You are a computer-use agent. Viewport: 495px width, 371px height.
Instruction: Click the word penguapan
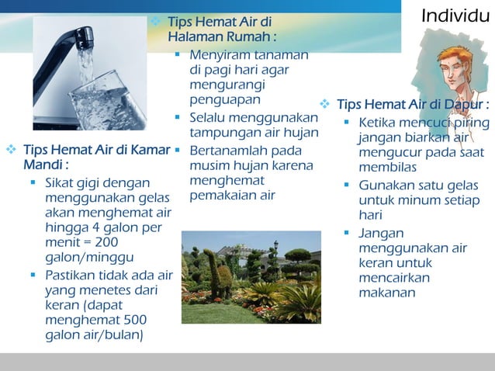[225, 99]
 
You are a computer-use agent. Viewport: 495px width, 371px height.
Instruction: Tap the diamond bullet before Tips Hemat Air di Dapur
[326, 105]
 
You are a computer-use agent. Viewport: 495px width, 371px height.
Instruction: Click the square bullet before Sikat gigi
[33, 183]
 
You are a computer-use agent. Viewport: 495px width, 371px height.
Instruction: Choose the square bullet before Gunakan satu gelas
[347, 185]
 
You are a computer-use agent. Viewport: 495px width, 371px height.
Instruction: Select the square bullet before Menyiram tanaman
[178, 55]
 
